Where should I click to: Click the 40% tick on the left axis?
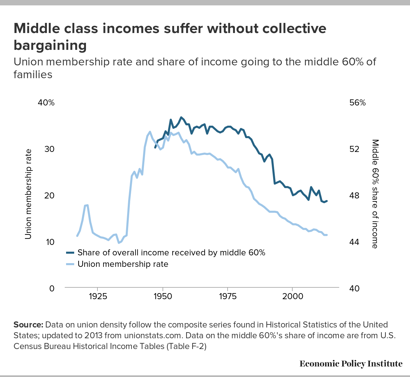(46, 103)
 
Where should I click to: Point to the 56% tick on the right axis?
(357, 103)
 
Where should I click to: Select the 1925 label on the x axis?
(98, 296)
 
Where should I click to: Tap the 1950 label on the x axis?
(163, 296)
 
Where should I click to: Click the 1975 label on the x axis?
(228, 296)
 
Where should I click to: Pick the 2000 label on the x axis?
(292, 296)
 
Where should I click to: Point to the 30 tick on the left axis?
(49, 149)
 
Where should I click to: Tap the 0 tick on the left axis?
(52, 289)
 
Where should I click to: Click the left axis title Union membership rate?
(28, 194)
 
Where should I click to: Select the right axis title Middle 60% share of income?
(375, 194)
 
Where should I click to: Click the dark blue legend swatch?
(70, 253)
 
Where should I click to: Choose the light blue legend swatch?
(70, 264)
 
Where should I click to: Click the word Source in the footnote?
(28, 325)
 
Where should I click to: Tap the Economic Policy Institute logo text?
(351, 364)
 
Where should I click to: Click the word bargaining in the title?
(50, 45)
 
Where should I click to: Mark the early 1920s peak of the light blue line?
(87, 205)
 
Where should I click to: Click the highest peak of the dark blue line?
(181, 117)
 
